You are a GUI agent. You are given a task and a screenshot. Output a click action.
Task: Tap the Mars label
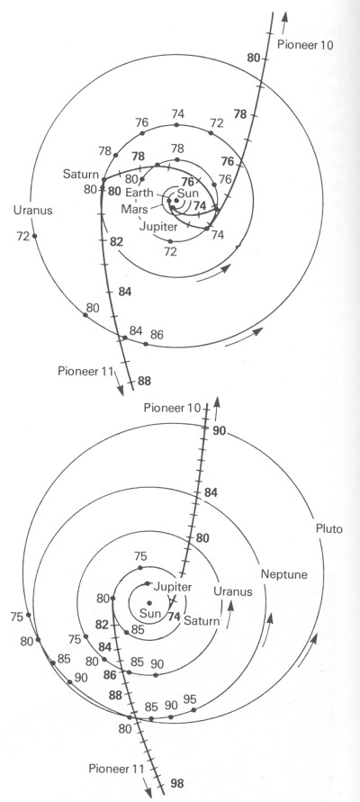click(x=134, y=209)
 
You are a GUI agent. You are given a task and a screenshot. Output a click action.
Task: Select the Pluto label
click(x=328, y=529)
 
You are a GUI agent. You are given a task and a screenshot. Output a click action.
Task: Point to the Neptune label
click(x=283, y=574)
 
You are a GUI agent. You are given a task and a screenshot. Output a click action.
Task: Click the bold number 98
click(x=177, y=783)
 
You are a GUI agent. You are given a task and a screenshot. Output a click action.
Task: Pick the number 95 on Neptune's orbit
click(x=189, y=699)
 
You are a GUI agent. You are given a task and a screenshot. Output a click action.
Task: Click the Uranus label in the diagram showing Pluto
click(x=233, y=591)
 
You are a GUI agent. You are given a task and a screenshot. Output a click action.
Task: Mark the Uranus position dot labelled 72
click(x=35, y=236)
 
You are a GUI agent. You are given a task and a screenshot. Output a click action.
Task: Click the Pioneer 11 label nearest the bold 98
click(x=116, y=768)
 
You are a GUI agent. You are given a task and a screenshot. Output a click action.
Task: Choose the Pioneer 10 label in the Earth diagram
click(x=305, y=44)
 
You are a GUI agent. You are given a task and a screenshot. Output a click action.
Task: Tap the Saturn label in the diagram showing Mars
click(x=81, y=175)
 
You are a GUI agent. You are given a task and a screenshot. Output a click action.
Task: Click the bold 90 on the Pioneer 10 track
click(x=220, y=430)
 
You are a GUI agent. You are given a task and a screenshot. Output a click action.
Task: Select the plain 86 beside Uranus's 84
click(x=157, y=335)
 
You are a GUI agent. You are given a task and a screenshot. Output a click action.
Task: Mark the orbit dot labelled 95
click(x=193, y=710)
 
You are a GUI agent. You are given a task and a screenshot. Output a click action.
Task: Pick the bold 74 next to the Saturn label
click(x=175, y=617)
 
